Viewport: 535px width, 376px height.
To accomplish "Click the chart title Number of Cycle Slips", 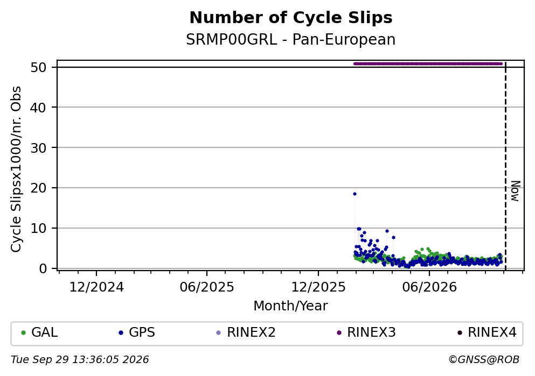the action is [x=291, y=18].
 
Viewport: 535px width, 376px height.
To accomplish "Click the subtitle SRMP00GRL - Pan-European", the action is [x=291, y=39].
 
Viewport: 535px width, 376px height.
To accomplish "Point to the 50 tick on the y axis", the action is [x=39, y=67].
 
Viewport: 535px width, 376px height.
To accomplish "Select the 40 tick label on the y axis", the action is [x=39, y=108].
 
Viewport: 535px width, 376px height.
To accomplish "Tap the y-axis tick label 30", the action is [x=39, y=148].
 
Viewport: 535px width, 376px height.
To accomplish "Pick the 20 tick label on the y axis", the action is [x=39, y=188].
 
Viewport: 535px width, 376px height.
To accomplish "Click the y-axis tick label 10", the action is [x=39, y=228].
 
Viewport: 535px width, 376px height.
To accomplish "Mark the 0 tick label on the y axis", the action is [x=43, y=268].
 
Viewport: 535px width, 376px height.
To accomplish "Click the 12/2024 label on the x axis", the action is [x=96, y=287].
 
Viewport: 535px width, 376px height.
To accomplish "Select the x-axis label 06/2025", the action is [x=207, y=287].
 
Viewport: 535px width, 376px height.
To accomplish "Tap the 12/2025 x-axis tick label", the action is [x=318, y=287].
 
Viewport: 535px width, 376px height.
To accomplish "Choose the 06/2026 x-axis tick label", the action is [x=429, y=287].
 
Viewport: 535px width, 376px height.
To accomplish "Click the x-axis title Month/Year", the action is [x=291, y=306].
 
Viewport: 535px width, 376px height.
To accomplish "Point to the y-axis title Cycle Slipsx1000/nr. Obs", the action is [x=16, y=169].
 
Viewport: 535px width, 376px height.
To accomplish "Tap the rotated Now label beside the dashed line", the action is [x=515, y=191].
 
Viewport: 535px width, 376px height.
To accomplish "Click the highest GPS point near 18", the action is [x=355, y=194].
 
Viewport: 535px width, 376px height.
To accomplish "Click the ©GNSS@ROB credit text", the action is [x=484, y=360].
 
